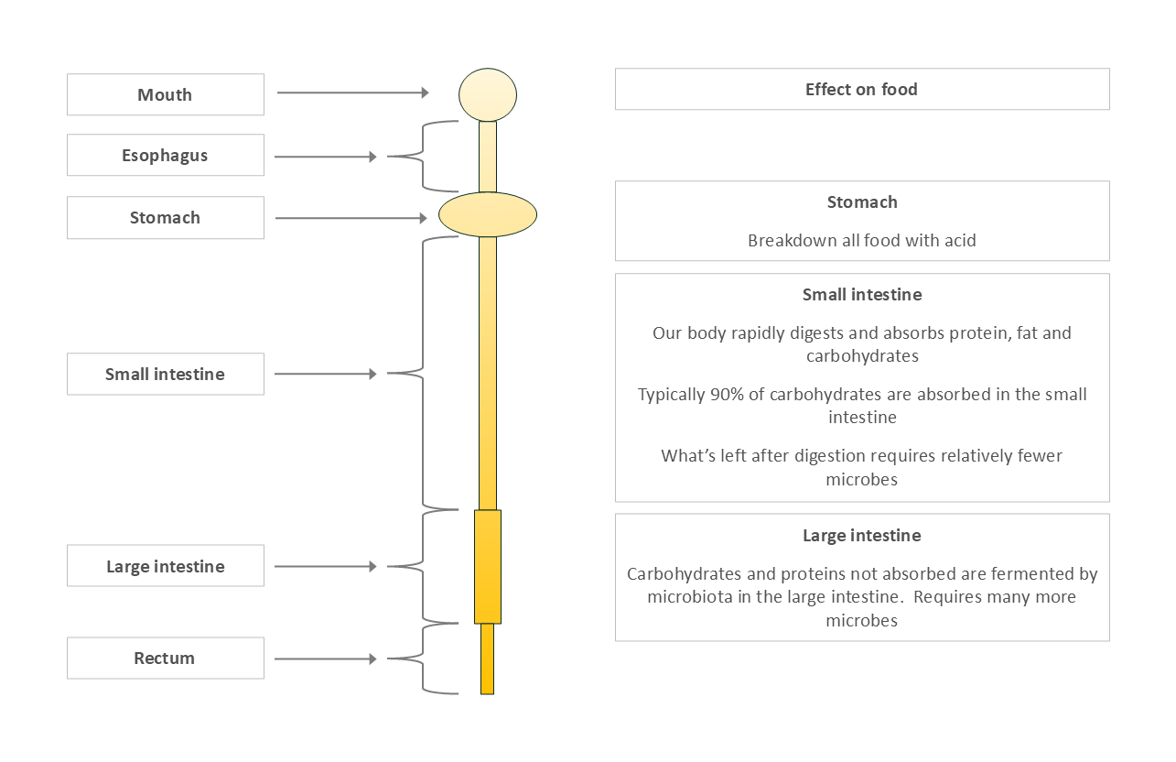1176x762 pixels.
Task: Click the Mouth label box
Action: pyautogui.click(x=165, y=95)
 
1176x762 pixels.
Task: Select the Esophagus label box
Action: pyautogui.click(x=165, y=156)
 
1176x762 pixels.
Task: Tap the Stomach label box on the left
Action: pyautogui.click(x=165, y=218)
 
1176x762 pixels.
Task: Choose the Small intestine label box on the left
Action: pyautogui.click(x=165, y=374)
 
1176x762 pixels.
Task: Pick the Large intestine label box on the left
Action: pyautogui.click(x=165, y=567)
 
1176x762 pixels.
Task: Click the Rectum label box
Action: pyautogui.click(x=165, y=659)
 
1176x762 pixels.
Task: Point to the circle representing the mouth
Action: pyautogui.click(x=488, y=94)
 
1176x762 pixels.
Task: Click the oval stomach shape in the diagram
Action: pyautogui.click(x=488, y=215)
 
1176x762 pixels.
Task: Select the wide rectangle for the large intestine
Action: pyautogui.click(x=488, y=567)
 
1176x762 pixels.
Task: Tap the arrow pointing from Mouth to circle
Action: pyautogui.click(x=352, y=93)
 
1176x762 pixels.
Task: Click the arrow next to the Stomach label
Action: pyautogui.click(x=351, y=218)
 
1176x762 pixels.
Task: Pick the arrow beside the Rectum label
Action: pyautogui.click(x=325, y=659)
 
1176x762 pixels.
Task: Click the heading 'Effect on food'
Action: pyautogui.click(x=861, y=90)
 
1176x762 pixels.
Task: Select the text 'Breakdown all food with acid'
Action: pyautogui.click(x=862, y=241)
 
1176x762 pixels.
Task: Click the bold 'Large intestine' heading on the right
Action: pyautogui.click(x=862, y=536)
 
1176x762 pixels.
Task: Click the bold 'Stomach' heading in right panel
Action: pyautogui.click(x=862, y=202)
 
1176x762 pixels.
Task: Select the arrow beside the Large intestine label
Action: pyautogui.click(x=325, y=567)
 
